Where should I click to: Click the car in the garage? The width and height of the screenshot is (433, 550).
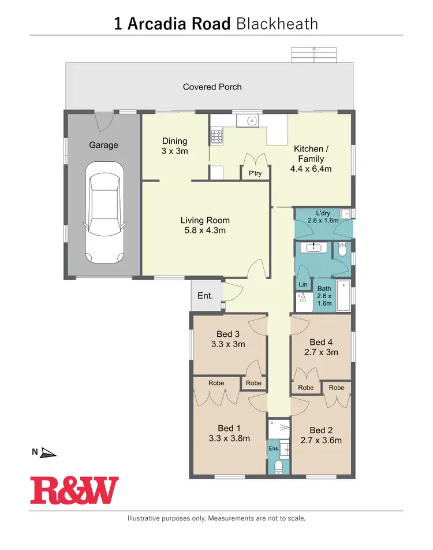tap(104, 213)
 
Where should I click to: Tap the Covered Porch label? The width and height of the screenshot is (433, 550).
tap(212, 87)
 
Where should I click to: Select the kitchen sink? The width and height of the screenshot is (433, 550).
tap(251, 121)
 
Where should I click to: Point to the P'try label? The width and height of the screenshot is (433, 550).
tap(255, 173)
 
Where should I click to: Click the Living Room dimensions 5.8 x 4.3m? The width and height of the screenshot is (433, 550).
tap(205, 230)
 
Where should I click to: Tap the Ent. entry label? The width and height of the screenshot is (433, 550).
tap(205, 295)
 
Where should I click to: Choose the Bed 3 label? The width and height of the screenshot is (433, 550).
tap(228, 334)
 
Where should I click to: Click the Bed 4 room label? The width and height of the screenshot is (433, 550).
tap(321, 341)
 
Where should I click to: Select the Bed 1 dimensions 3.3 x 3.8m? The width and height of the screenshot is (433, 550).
tap(229, 438)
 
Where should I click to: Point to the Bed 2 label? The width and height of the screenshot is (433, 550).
tap(322, 430)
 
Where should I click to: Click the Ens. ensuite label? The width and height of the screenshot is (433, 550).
tap(274, 448)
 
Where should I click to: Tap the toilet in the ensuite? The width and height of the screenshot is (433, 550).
tap(278, 466)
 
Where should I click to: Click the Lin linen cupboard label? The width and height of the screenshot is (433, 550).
tap(303, 284)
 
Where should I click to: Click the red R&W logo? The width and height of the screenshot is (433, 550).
tap(74, 490)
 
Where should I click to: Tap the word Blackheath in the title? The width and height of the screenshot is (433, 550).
tap(277, 24)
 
